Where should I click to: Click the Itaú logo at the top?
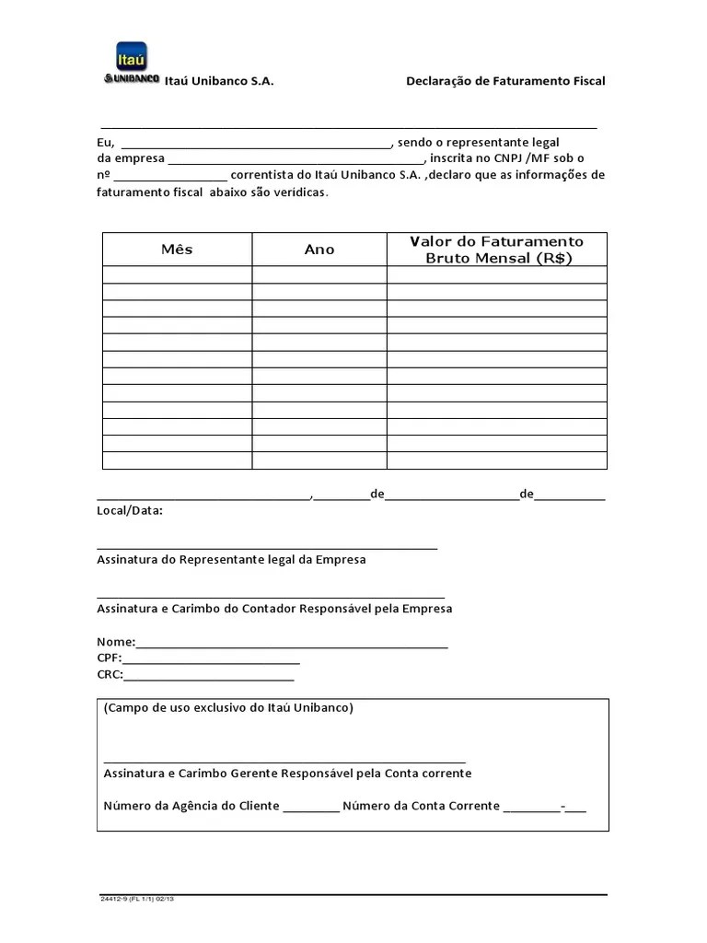pyautogui.click(x=133, y=63)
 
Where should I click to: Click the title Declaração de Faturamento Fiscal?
pyautogui.click(x=505, y=81)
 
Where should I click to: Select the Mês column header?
pyautogui.click(x=177, y=250)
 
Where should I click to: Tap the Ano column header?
pyautogui.click(x=319, y=250)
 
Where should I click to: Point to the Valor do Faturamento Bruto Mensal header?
pyautogui.click(x=497, y=250)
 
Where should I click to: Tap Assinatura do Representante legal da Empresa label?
pyautogui.click(x=231, y=559)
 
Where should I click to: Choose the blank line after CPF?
pyautogui.click(x=211, y=660)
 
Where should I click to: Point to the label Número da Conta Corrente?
pyautogui.click(x=422, y=806)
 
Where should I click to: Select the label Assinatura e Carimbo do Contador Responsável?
pyautogui.click(x=274, y=609)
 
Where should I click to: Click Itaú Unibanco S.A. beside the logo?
pyautogui.click(x=219, y=81)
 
